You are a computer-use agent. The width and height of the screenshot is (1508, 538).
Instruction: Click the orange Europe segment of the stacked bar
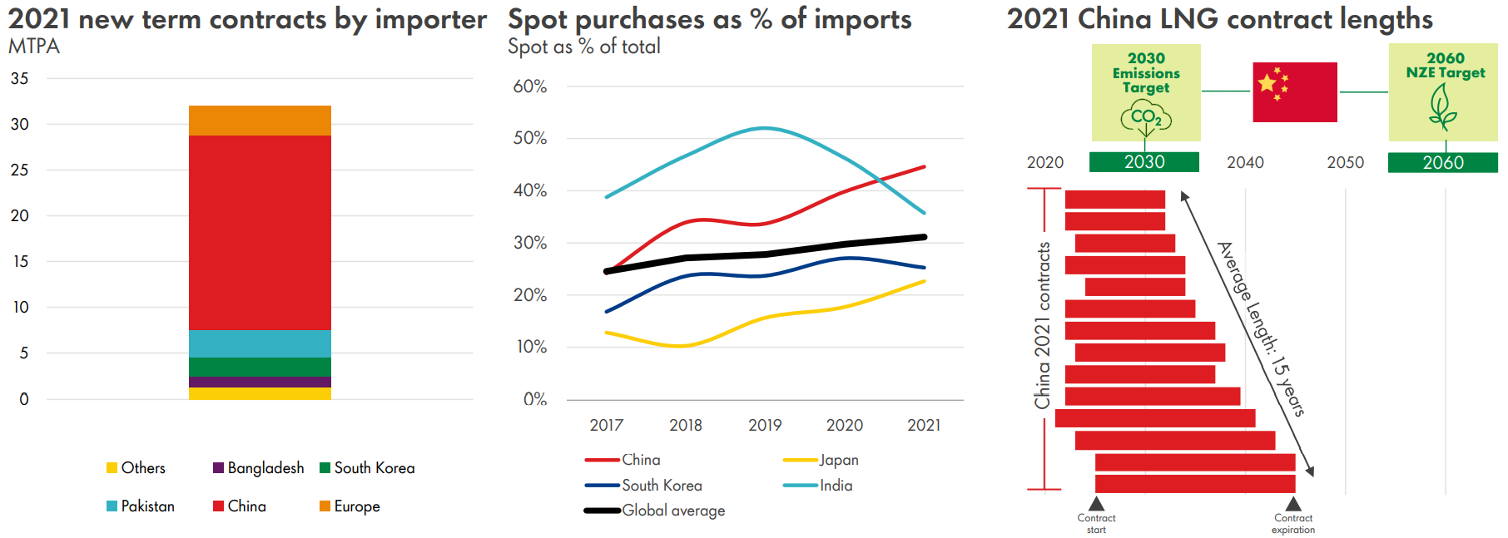(x=260, y=121)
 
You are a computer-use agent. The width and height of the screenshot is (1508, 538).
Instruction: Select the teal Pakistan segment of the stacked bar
(x=260, y=343)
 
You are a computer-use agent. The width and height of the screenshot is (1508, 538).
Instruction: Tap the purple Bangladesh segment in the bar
(x=260, y=382)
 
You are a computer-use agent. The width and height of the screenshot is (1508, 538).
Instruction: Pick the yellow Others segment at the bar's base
(x=260, y=393)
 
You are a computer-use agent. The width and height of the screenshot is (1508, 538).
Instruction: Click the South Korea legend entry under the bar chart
(x=367, y=468)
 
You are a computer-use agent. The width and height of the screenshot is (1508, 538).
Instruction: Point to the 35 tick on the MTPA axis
(x=19, y=79)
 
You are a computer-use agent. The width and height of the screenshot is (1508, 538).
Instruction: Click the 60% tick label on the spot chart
(x=529, y=86)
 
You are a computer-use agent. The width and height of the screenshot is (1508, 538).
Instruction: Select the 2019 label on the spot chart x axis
(x=765, y=425)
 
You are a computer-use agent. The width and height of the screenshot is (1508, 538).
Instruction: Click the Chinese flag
(x=1294, y=92)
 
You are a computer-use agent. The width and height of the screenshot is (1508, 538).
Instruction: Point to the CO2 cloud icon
(x=1145, y=117)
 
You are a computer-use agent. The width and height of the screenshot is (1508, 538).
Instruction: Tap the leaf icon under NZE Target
(x=1442, y=108)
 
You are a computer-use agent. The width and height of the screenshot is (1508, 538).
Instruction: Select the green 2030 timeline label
(x=1144, y=162)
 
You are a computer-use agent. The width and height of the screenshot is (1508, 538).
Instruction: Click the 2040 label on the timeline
(x=1245, y=163)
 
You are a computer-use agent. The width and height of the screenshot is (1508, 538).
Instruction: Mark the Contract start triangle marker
(x=1096, y=504)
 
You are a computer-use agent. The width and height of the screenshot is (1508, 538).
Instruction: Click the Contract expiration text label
(x=1292, y=524)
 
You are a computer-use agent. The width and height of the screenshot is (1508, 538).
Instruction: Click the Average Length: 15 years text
(x=1261, y=328)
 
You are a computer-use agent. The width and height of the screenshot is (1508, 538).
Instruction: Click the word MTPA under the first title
(x=34, y=47)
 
